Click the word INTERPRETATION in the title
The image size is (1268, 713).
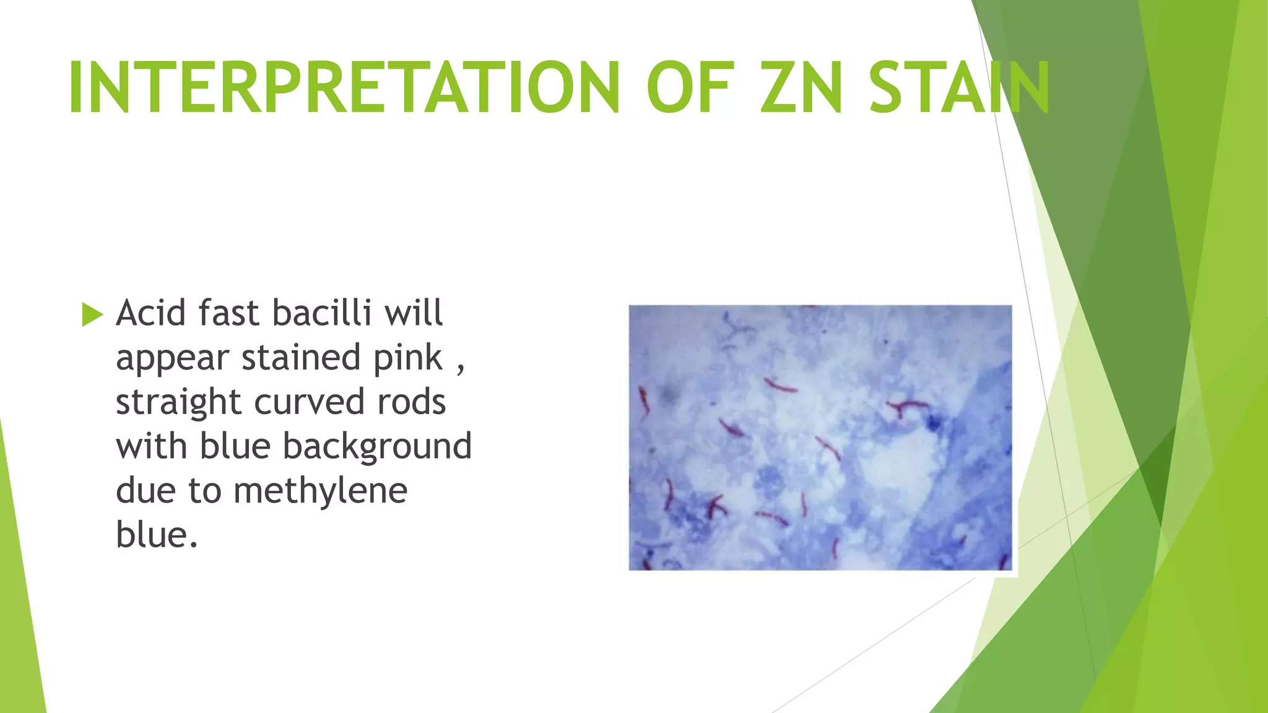[x=344, y=88]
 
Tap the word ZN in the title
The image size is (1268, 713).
[x=802, y=88]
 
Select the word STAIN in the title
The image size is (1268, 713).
[x=958, y=88]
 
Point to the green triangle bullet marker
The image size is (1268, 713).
[x=92, y=314]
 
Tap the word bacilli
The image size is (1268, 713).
[x=322, y=313]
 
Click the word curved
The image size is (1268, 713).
[x=310, y=402]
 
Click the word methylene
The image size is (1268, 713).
[x=320, y=491]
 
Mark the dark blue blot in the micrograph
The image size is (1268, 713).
[x=933, y=423]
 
